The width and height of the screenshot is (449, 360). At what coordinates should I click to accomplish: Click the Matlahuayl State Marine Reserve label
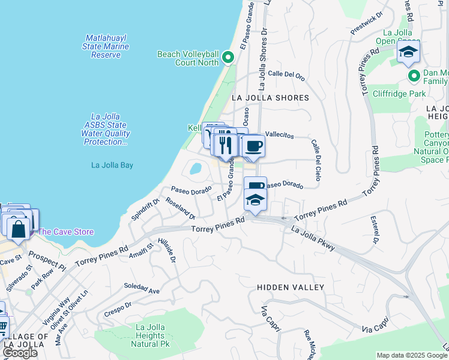pyautogui.click(x=106, y=46)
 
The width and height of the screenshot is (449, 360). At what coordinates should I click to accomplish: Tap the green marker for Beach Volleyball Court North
pyautogui.click(x=228, y=58)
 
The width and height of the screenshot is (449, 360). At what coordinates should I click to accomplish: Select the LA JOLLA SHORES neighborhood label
pyautogui.click(x=270, y=98)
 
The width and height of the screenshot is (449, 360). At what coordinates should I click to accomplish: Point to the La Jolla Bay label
pyautogui.click(x=112, y=165)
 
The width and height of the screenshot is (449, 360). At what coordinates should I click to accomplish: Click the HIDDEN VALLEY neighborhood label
pyautogui.click(x=291, y=287)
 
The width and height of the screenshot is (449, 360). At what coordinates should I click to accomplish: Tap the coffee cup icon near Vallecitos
pyautogui.click(x=253, y=146)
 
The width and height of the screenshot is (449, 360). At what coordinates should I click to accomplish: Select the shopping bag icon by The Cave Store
pyautogui.click(x=18, y=229)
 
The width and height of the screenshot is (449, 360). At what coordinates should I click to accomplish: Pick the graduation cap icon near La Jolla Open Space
pyautogui.click(x=408, y=52)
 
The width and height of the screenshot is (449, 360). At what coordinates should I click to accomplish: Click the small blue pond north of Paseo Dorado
pyautogui.click(x=195, y=169)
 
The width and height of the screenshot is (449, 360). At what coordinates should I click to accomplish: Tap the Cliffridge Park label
pyautogui.click(x=399, y=94)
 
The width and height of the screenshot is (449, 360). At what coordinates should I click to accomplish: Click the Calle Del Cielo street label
pyautogui.click(x=316, y=160)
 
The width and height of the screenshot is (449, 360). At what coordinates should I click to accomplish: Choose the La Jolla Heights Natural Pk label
pyautogui.click(x=150, y=335)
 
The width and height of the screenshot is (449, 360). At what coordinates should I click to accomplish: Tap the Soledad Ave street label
pyautogui.click(x=142, y=289)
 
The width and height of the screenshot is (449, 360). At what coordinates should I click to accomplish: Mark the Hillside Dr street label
pyautogui.click(x=166, y=250)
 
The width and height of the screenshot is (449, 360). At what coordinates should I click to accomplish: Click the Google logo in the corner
pyautogui.click(x=20, y=353)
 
